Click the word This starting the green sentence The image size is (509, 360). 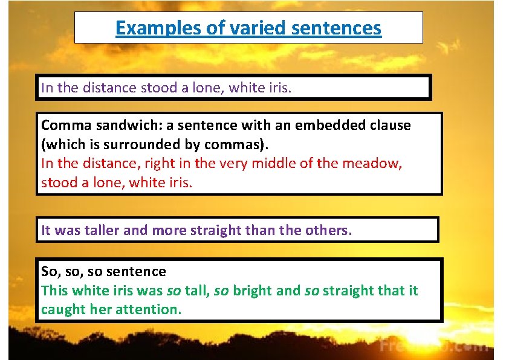(54, 291)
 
